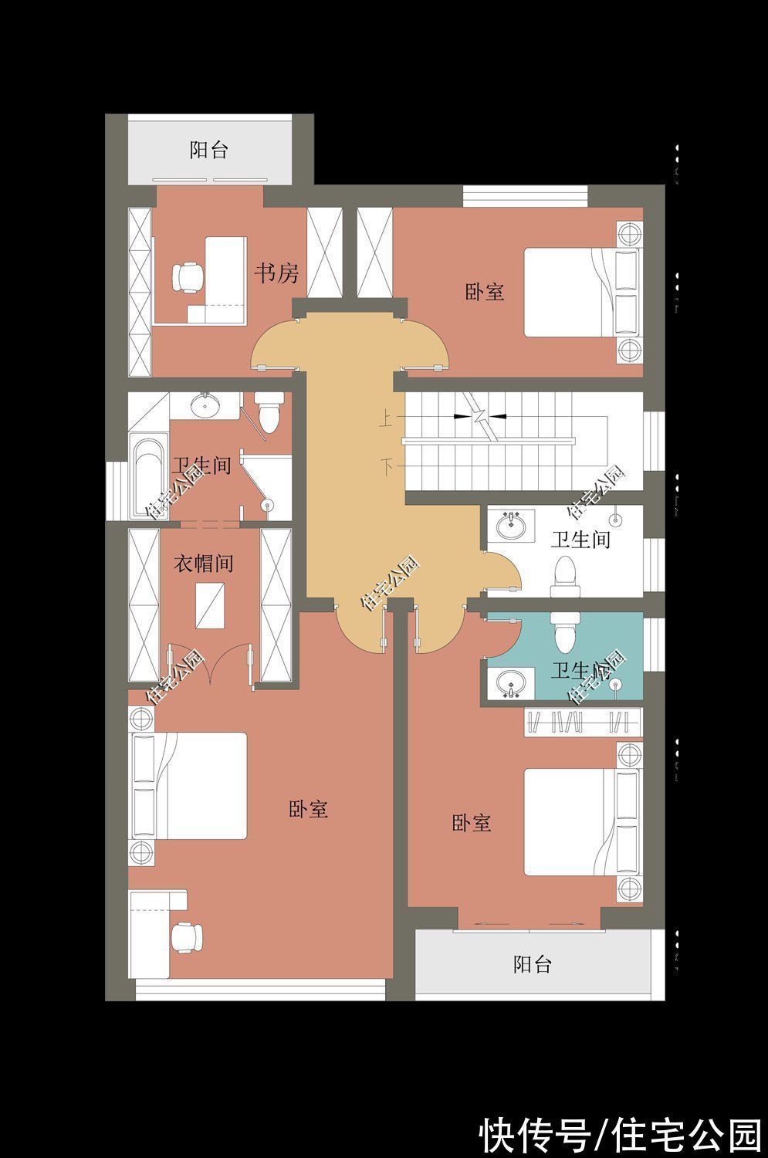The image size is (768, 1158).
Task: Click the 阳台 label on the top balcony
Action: click(208, 150)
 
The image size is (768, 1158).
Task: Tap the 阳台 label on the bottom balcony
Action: click(533, 963)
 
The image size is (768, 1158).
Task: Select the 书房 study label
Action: click(276, 273)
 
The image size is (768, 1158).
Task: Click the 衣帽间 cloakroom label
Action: click(202, 564)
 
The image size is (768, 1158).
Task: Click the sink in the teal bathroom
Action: click(511, 683)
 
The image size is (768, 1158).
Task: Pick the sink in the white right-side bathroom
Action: click(511, 527)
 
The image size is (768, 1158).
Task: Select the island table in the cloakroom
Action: click(209, 606)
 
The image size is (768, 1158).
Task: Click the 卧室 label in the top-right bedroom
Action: click(484, 292)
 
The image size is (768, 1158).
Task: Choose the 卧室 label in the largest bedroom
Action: click(308, 809)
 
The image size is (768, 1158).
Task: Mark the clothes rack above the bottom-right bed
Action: click(583, 723)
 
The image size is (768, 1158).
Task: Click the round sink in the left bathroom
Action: click(206, 405)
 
